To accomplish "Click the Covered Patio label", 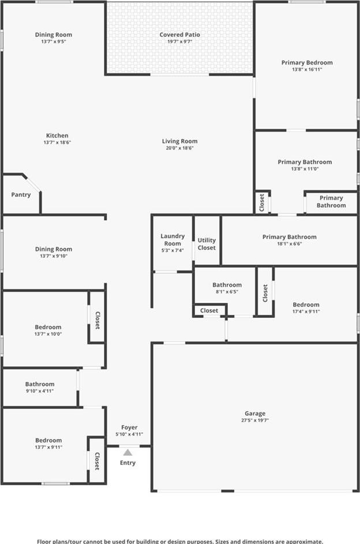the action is (x=179, y=35).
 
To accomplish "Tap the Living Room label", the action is (x=179, y=141).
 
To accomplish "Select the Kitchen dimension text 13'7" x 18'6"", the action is (x=57, y=142).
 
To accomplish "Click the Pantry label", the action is (x=21, y=194).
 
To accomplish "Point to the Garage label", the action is (x=255, y=413).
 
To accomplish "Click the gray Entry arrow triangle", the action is (x=128, y=452).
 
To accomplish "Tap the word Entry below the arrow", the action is (x=127, y=463).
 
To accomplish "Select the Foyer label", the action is (x=129, y=427).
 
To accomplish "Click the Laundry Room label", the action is (x=172, y=240).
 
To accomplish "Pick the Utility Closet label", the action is (x=207, y=244).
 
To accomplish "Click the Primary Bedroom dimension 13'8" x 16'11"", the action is (x=307, y=69).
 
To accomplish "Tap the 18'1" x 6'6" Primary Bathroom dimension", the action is (x=289, y=243).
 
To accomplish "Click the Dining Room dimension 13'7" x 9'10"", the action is (x=54, y=256).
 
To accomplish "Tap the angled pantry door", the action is (x=33, y=184).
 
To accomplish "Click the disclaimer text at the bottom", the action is (x=180, y=541).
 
